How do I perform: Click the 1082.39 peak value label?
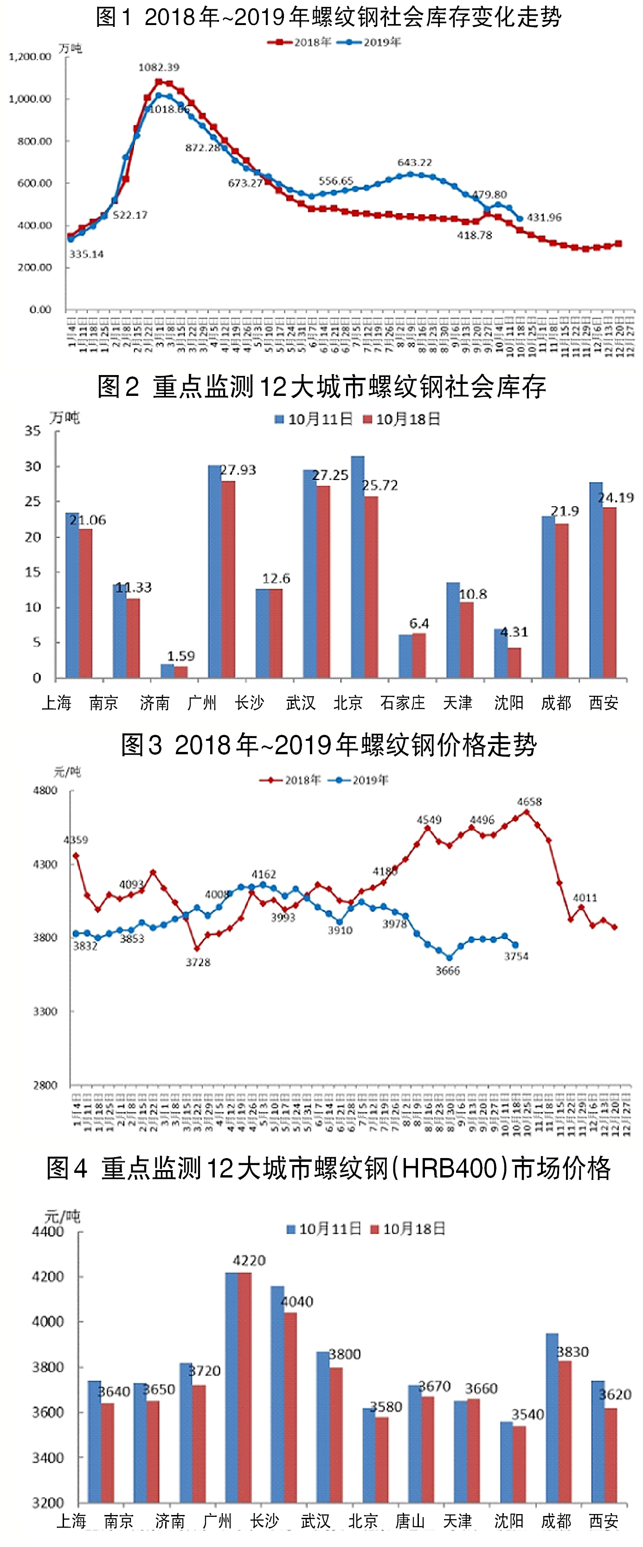pyautogui.click(x=159, y=67)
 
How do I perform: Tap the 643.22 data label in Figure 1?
pyautogui.click(x=415, y=163)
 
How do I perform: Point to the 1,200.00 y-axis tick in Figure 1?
pyautogui.click(x=29, y=57)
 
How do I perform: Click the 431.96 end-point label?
pyautogui.click(x=544, y=217)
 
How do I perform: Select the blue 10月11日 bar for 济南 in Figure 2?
pyautogui.click(x=167, y=670)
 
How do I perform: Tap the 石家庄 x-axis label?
pyautogui.click(x=402, y=703)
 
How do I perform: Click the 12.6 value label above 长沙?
pyautogui.click(x=276, y=578)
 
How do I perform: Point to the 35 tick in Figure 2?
pyautogui.click(x=32, y=431)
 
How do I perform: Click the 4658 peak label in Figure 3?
pyautogui.click(x=529, y=802)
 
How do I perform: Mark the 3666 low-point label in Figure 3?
pyautogui.click(x=448, y=970)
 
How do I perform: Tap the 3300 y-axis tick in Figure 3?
pyautogui.click(x=45, y=1011)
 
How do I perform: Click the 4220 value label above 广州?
pyautogui.click(x=249, y=1261)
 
